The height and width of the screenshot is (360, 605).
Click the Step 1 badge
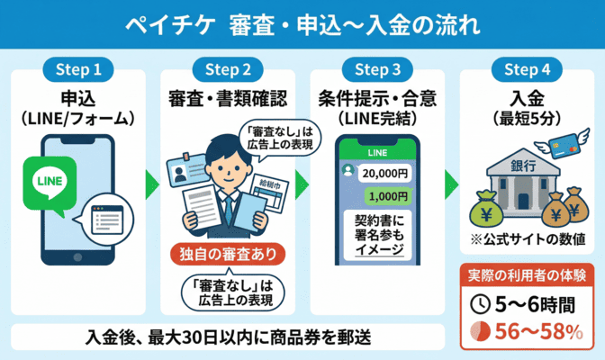click(x=78, y=68)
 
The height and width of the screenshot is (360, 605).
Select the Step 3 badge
click(x=375, y=68)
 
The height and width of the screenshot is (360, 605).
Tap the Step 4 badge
click(x=525, y=68)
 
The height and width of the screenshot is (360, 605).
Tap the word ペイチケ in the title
click(x=172, y=24)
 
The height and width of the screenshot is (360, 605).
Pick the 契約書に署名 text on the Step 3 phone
click(x=377, y=233)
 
